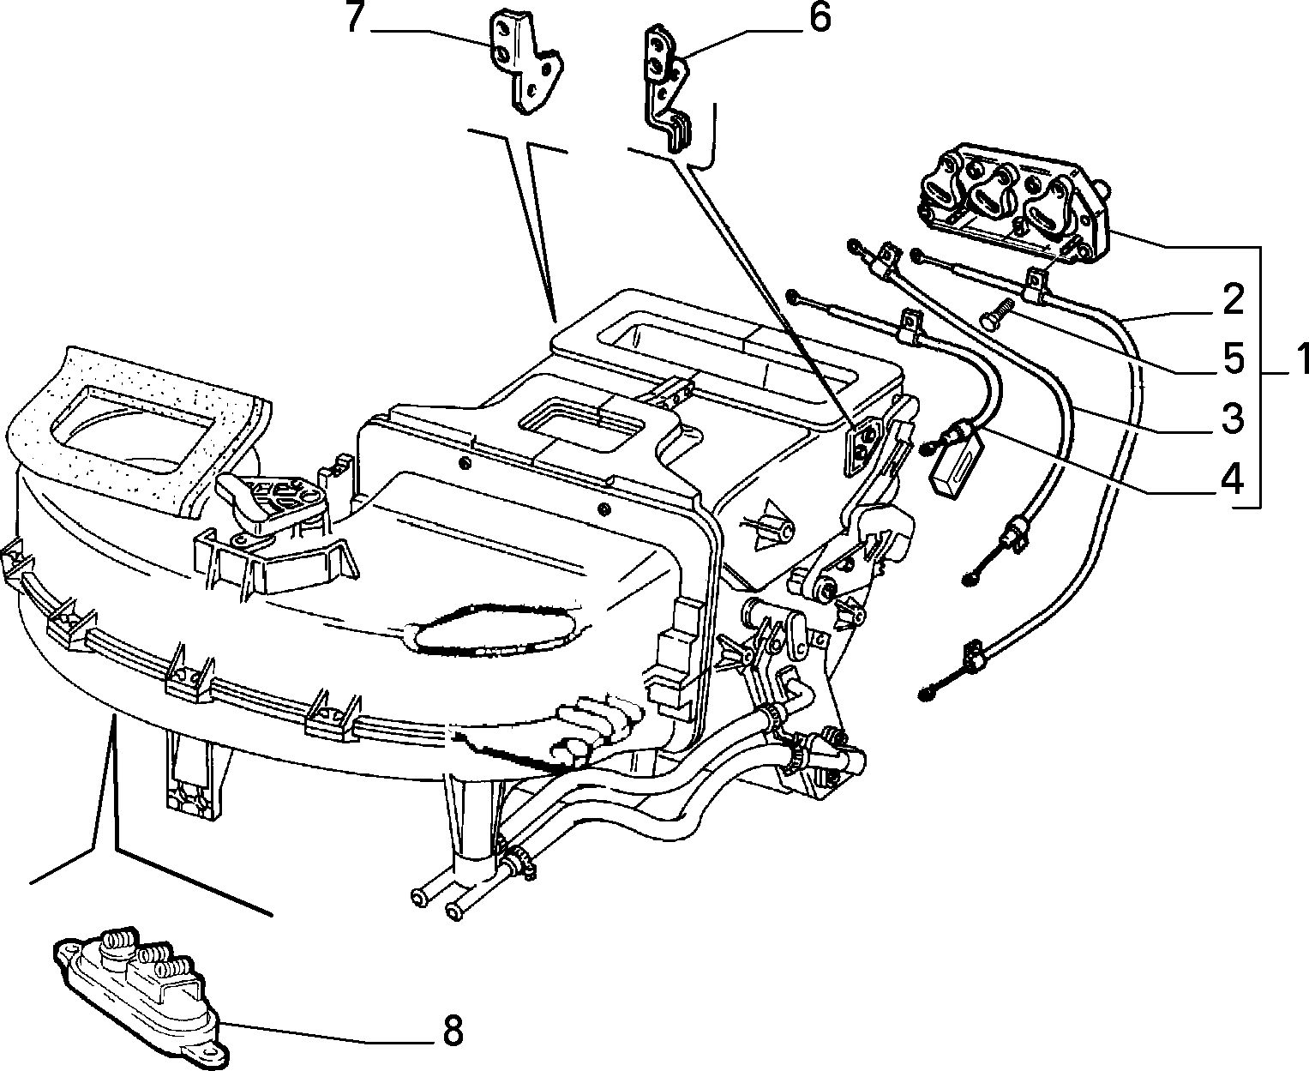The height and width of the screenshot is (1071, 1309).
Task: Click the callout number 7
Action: click(x=355, y=18)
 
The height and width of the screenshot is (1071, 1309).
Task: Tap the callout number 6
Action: click(x=819, y=18)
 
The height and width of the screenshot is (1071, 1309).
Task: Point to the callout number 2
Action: click(x=1231, y=299)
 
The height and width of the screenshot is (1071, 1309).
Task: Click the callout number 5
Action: click(x=1231, y=359)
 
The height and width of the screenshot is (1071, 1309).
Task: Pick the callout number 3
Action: click(x=1231, y=418)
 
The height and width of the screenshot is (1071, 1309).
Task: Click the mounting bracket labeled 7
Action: click(x=526, y=62)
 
